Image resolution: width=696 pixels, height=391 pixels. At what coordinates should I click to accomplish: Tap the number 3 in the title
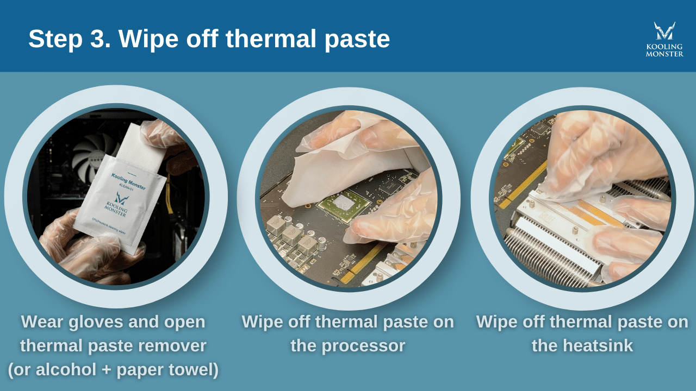tap(100, 39)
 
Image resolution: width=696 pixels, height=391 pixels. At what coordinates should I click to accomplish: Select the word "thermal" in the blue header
tap(271, 39)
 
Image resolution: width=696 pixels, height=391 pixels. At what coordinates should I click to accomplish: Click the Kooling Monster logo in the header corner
tap(664, 39)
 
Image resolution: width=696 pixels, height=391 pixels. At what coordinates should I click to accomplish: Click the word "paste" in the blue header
tap(358, 39)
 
